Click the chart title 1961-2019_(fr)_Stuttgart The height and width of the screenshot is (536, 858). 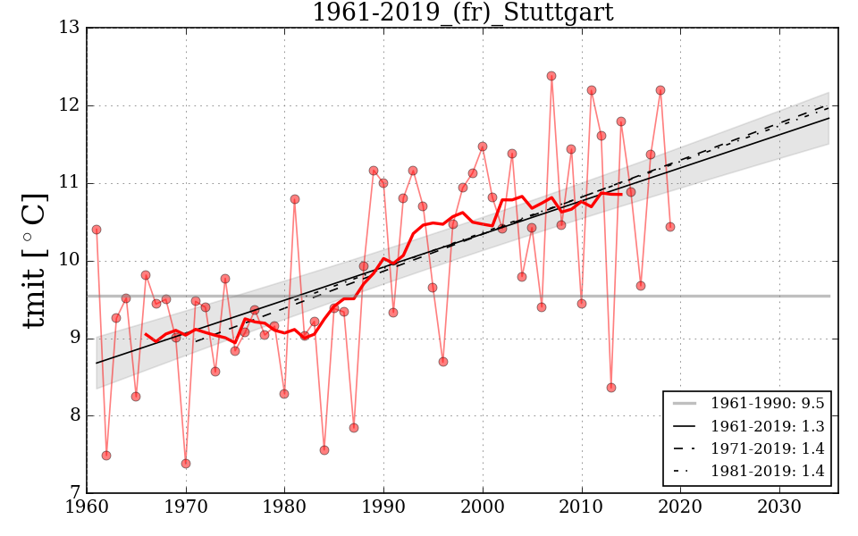(462, 13)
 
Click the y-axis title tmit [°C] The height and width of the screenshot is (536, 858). (34, 260)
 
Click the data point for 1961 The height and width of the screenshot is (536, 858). (97, 230)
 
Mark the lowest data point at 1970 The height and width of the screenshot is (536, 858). (186, 464)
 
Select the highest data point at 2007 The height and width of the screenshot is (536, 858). (551, 76)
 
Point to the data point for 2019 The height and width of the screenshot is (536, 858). (670, 227)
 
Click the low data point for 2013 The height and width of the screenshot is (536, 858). (611, 388)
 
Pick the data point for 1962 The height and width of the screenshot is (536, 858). (106, 456)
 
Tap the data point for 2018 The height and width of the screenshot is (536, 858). (660, 90)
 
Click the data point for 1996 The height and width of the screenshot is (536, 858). (443, 362)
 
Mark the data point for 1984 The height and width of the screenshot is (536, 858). (324, 450)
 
